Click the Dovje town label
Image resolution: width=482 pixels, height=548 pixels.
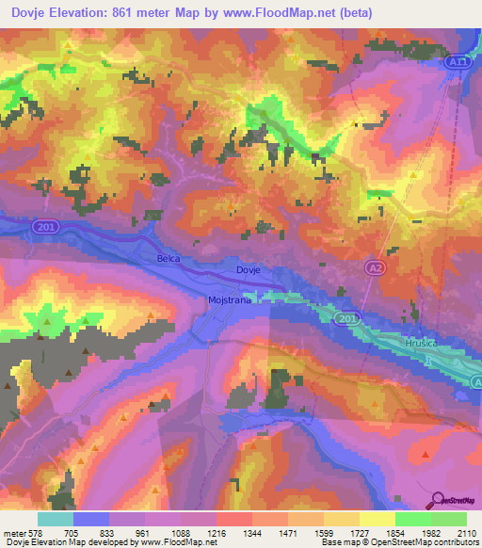[x=248, y=269]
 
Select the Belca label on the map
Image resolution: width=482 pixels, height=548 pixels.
[x=169, y=257]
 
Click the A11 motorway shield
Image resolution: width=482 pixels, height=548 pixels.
[x=457, y=60]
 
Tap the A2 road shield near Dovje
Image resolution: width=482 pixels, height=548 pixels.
[x=376, y=268]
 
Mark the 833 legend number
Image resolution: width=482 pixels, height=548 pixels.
[x=120, y=533]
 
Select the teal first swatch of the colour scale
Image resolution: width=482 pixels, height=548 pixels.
[x=55, y=519]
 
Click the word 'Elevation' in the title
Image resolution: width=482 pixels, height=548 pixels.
[x=74, y=13]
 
